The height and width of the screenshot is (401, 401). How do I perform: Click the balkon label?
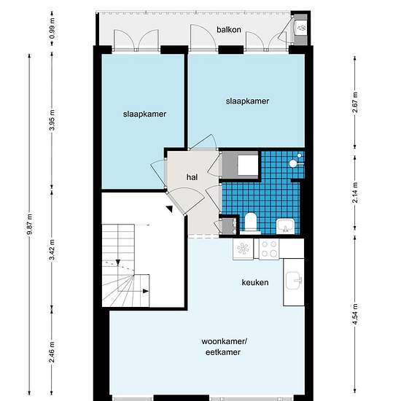click(x=229, y=30)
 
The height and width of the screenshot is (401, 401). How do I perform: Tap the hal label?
click(x=192, y=177)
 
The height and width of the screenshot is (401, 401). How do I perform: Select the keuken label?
click(x=255, y=282)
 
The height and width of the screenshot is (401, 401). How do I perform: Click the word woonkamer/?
click(x=224, y=341)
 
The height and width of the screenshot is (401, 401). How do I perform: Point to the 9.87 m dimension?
click(x=30, y=224)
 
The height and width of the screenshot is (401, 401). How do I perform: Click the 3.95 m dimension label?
click(x=52, y=120)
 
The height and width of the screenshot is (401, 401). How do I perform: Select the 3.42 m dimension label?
click(x=52, y=249)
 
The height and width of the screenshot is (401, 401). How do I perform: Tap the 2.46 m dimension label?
click(x=52, y=352)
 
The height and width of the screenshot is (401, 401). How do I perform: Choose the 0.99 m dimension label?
click(x=52, y=28)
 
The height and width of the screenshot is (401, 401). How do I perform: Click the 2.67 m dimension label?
click(x=355, y=102)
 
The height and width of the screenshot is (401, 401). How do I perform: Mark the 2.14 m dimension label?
click(x=355, y=192)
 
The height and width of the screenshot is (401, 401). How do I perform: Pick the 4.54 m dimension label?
click(x=355, y=314)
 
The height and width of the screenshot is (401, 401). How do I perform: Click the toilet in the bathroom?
click(x=250, y=223)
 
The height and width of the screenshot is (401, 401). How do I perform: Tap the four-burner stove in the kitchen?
click(x=269, y=249)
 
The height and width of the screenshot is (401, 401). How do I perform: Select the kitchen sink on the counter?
click(x=294, y=281)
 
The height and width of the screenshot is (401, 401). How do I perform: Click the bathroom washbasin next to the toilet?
click(x=286, y=226)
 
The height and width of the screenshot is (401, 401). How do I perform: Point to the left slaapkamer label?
click(x=145, y=114)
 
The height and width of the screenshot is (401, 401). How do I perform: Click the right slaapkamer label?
click(x=248, y=101)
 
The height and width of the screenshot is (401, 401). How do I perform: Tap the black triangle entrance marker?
click(x=169, y=209)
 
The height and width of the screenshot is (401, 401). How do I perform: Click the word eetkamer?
click(x=223, y=352)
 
